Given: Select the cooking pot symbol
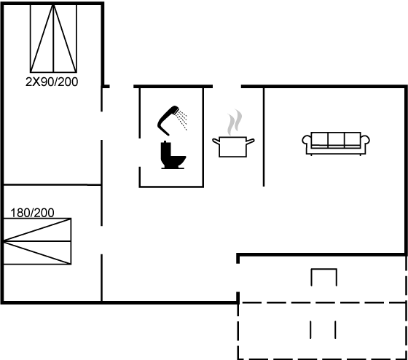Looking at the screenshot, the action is tap(233, 146).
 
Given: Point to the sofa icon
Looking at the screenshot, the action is tap(336, 144).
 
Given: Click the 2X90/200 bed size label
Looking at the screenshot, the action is tap(52, 82).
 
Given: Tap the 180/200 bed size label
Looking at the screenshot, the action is tap(32, 213).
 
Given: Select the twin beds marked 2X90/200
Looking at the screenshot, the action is tap(53, 39).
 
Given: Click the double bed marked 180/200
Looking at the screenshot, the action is tap(37, 241).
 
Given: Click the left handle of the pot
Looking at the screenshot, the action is tap(216, 141).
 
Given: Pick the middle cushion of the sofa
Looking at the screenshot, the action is tap(336, 139).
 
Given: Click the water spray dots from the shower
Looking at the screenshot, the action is tap(182, 120).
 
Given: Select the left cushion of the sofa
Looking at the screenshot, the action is tap(320, 139).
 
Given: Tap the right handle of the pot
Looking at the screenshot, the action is tap(251, 141).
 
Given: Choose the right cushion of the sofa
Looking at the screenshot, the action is tap(353, 139).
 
